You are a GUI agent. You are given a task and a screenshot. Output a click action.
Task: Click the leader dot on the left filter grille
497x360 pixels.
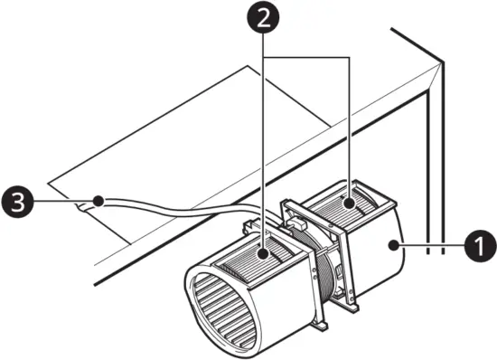click(x=262, y=255)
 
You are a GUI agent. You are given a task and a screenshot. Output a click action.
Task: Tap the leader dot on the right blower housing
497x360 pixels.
click(x=390, y=244)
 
